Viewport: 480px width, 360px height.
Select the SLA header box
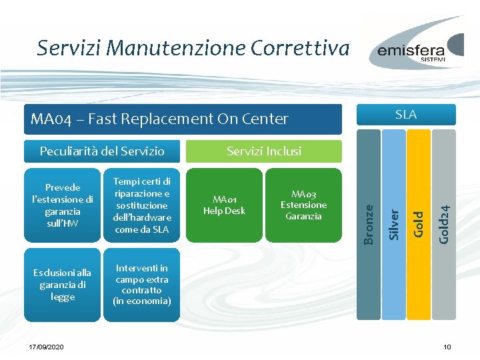[x=406, y=115]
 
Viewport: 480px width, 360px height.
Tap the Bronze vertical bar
[x=369, y=187]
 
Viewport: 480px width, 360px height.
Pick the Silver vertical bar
[x=394, y=187]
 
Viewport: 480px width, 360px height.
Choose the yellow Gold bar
[x=419, y=187]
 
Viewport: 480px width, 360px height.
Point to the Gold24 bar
[x=444, y=187]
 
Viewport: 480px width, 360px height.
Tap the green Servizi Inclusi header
[x=264, y=151]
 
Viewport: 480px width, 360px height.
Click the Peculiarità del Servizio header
[x=102, y=151]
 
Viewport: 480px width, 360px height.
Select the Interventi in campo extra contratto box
[x=142, y=285]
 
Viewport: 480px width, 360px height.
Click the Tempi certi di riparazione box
[x=142, y=205]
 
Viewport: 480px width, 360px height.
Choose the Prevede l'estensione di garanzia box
[x=63, y=205]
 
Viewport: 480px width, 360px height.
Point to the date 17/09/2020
[x=46, y=347]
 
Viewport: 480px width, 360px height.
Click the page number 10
[x=447, y=347]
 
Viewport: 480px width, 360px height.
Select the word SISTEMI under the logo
[x=433, y=59]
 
